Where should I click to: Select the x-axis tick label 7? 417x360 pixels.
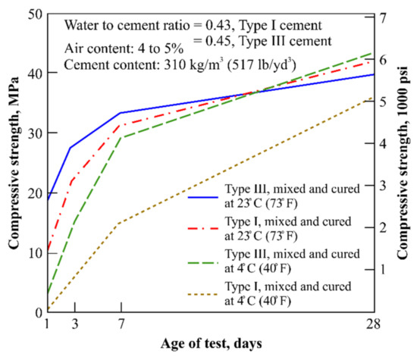(121, 325)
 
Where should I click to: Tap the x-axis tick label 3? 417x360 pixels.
(71, 325)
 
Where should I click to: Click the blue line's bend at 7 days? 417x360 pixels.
(121, 113)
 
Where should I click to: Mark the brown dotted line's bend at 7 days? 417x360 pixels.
(121, 222)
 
